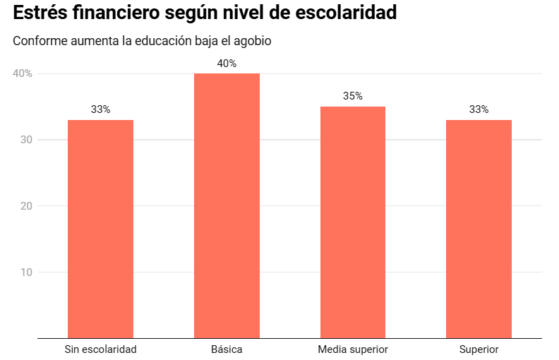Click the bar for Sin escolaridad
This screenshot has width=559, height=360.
[x=100, y=229]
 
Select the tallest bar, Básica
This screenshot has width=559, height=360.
[x=227, y=205]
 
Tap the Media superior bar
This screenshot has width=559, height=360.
[x=353, y=222]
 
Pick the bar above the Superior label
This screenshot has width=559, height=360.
[x=479, y=229]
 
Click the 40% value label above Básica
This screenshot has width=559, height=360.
[x=227, y=64]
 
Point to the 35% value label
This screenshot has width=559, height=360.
[x=353, y=96]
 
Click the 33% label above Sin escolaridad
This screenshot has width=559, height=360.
[x=100, y=109]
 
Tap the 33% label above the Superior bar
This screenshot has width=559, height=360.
[x=479, y=109]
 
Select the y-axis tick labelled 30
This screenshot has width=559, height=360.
[x=27, y=140]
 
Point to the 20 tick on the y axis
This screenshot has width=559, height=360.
[x=27, y=206]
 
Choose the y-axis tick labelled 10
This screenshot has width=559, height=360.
[x=27, y=272]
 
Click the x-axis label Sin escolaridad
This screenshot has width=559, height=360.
[x=100, y=349]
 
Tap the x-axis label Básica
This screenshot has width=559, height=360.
[x=227, y=349]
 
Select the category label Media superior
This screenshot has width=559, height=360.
[x=353, y=349]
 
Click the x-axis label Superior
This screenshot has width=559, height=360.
[x=479, y=349]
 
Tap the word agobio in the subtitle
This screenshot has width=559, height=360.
[x=252, y=41]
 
